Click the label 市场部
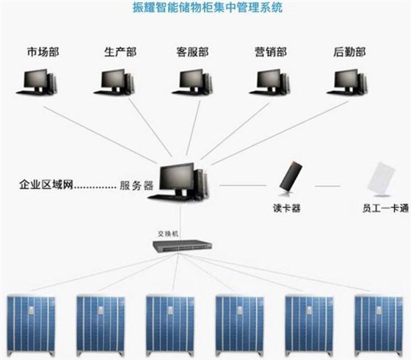tap(42, 53)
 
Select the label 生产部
tap(120, 53)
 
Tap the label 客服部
tap(192, 53)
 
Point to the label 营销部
tap(270, 53)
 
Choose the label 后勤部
tap(349, 53)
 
